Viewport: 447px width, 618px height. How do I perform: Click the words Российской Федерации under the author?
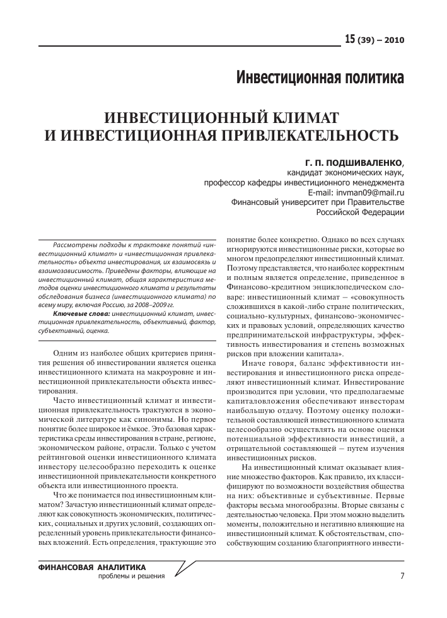360,213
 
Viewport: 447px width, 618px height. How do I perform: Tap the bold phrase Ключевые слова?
81,313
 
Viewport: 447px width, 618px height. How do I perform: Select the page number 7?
402,575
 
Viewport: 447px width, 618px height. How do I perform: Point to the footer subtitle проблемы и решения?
132,576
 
